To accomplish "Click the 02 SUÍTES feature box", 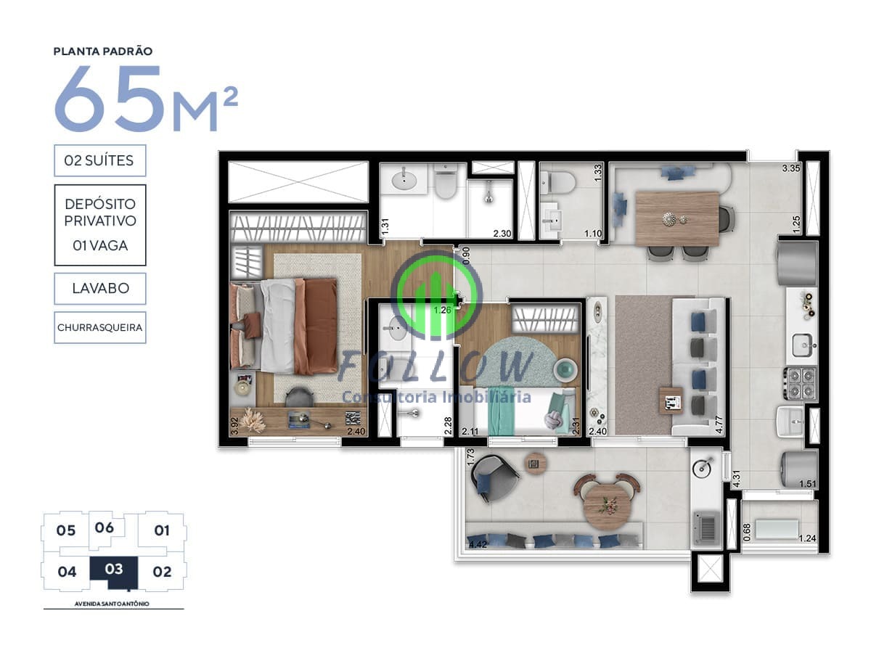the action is pos(100,160).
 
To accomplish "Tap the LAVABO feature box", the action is pos(100,288).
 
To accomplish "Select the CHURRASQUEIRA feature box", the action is pos(100,327).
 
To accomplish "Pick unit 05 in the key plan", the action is pos(66,530).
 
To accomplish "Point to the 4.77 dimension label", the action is pos(719,424).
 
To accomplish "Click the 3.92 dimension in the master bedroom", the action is pos(234,426).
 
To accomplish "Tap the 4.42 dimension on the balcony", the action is pos(478,544).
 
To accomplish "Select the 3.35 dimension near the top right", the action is pos(791,168).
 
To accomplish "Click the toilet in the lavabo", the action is pos(560,184).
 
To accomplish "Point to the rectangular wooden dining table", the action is pos(677,219).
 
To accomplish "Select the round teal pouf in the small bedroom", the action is pos(565,369).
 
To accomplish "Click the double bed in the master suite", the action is pos(284,326).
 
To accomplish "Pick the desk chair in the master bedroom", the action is pos(300,397).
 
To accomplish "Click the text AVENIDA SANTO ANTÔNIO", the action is pos(112,604).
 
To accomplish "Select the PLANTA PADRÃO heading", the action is pos(103,51).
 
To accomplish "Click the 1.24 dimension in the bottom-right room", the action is pos(807,538).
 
